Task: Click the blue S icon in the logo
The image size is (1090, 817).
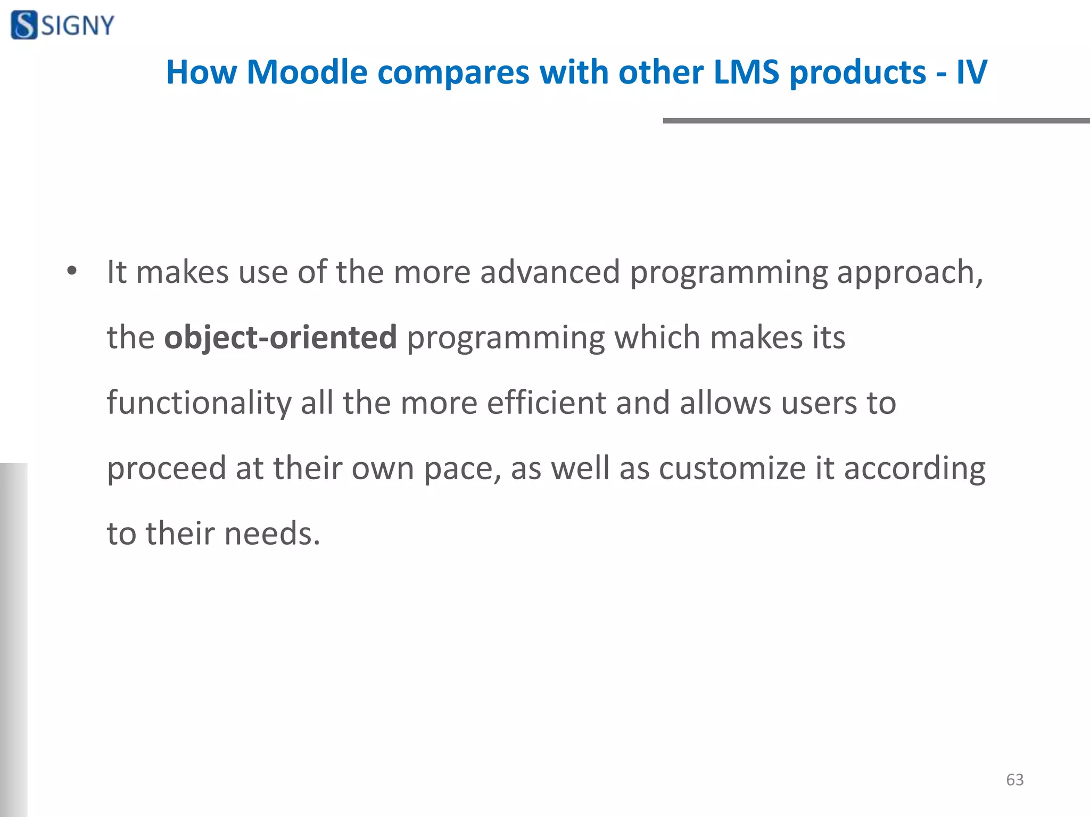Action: tap(24, 25)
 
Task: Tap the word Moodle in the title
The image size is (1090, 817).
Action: tap(307, 72)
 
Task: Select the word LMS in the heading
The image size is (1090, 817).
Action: tap(746, 72)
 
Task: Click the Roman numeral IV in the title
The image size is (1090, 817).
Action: tap(971, 72)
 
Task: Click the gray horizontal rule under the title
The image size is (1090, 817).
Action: tap(876, 121)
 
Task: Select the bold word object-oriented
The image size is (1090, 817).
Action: tap(280, 338)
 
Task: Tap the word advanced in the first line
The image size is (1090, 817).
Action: tap(550, 272)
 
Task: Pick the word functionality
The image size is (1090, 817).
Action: tap(199, 403)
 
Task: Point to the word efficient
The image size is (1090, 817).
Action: tap(546, 403)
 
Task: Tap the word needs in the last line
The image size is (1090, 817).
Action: tap(271, 534)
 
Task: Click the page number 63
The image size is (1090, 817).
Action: tap(1014, 780)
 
